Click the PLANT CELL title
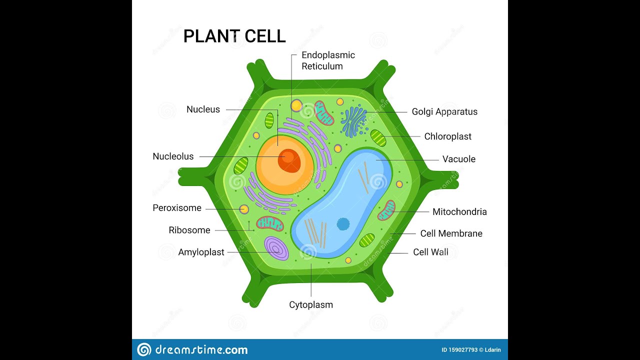234,36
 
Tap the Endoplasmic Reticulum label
328,60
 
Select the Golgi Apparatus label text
444,112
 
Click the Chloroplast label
447,136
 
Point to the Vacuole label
458,159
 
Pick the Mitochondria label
459,212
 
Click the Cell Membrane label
451,233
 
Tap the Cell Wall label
430,252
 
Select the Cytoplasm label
311,304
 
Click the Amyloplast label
201,252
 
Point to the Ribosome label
189,230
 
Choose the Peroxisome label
177,208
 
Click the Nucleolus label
173,156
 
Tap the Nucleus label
203,109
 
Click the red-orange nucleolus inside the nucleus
289,160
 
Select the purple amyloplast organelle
276,248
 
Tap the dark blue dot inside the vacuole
343,224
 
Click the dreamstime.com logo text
200,349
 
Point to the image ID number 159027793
459,350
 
